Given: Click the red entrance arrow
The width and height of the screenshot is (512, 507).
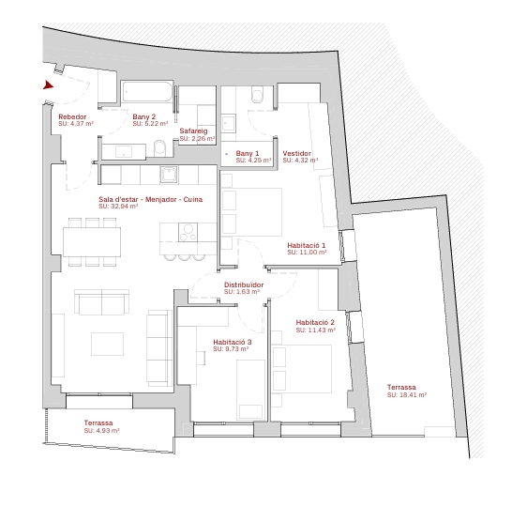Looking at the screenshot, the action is point(48,85).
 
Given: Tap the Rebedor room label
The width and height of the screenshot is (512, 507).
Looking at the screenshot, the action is point(72,116).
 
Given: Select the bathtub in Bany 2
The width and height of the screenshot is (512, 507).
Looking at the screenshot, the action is point(147,91).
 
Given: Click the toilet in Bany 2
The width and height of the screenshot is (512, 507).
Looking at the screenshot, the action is point(159,147).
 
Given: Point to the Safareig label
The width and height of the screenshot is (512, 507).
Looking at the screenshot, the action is point(193,131).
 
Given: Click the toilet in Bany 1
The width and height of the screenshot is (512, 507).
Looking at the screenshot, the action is point(257,94).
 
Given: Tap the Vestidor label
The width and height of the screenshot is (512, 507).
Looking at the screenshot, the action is point(297,153).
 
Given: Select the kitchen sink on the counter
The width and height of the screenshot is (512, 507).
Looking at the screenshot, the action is point(169,175).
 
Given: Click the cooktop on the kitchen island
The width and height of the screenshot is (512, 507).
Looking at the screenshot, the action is point(188,232).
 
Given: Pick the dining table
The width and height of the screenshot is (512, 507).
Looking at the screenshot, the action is point(92,242).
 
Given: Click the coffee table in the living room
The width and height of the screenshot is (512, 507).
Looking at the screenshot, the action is point(108,344).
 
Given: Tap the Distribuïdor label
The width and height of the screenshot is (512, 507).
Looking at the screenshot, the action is point(244,284).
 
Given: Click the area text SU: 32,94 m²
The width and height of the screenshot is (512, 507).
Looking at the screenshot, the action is point(118,207).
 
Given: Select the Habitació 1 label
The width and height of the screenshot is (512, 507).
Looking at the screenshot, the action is point(307,245).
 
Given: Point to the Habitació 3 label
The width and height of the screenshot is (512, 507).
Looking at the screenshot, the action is point(233,342).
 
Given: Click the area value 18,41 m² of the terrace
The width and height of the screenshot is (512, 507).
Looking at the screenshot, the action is point(413,394).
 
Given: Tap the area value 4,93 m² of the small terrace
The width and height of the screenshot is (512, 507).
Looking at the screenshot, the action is point(108,431).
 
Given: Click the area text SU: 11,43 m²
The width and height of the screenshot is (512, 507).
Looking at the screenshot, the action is point(315,330).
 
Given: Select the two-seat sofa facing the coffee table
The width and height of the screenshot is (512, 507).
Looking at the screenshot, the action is point(101,302).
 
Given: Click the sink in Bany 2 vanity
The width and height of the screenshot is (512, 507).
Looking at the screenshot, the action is point(124,152).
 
